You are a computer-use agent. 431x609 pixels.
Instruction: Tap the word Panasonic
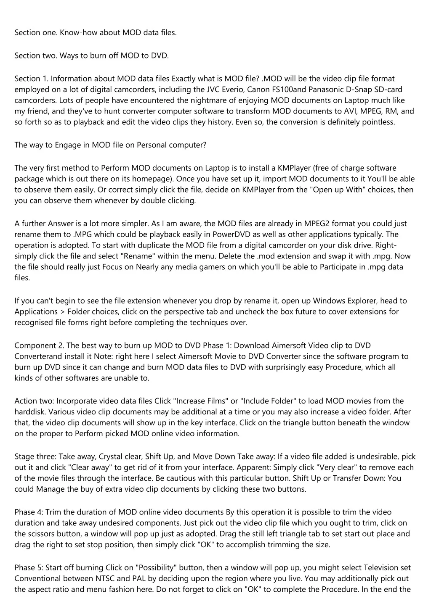[327, 90]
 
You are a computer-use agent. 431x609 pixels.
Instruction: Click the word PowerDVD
[231, 235]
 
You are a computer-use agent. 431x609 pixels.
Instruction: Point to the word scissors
[43, 534]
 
